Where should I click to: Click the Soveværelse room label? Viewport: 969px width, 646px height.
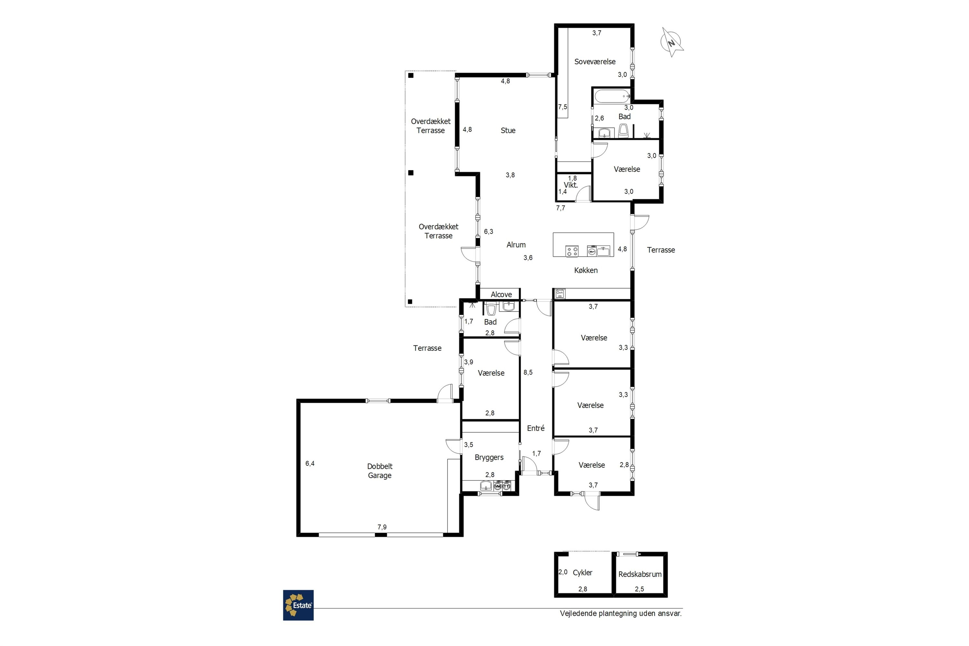(x=595, y=62)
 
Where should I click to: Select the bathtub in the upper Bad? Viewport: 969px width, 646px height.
(x=612, y=96)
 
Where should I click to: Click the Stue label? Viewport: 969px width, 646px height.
(x=508, y=130)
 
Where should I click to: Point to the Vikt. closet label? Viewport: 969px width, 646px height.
(x=571, y=185)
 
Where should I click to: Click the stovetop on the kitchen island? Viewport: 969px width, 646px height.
(x=572, y=251)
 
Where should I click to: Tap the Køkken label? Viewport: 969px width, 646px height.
(x=586, y=270)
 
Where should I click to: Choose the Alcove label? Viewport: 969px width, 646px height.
(x=501, y=295)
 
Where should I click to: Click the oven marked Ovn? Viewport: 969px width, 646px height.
(x=559, y=294)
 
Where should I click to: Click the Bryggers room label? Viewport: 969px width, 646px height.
(x=489, y=458)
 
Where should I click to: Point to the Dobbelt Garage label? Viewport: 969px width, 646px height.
(x=380, y=471)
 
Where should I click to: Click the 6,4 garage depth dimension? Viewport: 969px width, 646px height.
(x=310, y=464)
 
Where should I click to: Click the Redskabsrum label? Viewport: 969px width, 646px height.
(x=640, y=574)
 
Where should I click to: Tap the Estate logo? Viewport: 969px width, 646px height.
(x=298, y=605)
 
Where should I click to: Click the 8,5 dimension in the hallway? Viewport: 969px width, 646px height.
(x=528, y=372)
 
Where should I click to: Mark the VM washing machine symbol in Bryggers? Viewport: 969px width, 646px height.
(x=498, y=486)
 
